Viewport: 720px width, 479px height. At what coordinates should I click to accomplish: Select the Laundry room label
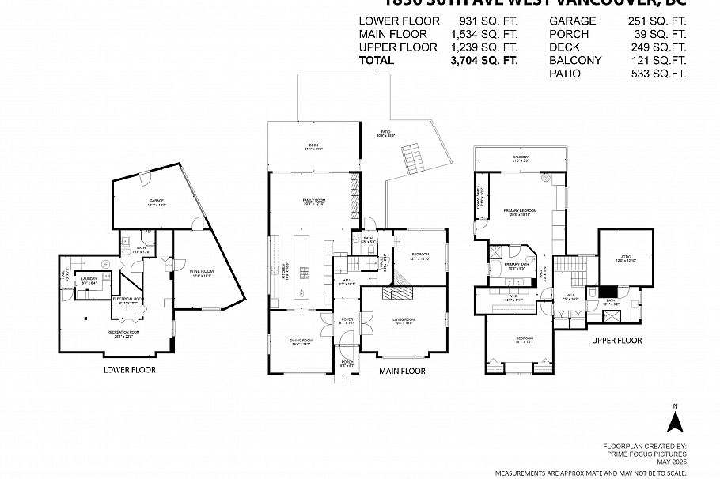point(89,280)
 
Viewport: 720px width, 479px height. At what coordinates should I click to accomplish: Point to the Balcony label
point(520,158)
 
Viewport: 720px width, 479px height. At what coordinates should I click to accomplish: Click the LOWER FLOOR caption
point(130,370)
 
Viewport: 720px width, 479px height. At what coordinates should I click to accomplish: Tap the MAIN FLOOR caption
point(402,371)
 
